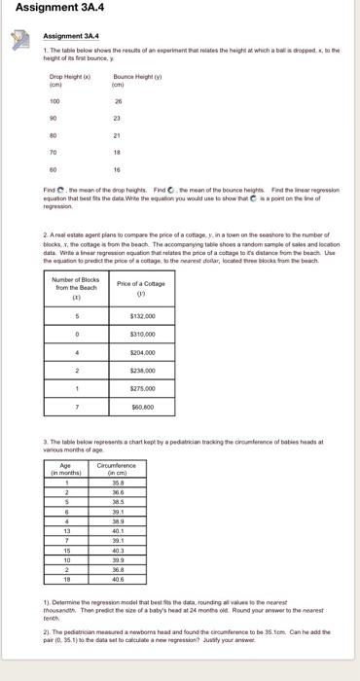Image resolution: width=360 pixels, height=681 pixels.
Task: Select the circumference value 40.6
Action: tap(119, 578)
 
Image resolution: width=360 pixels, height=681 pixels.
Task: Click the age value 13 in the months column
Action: tap(65, 529)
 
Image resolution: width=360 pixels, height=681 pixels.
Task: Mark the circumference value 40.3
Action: tap(119, 549)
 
